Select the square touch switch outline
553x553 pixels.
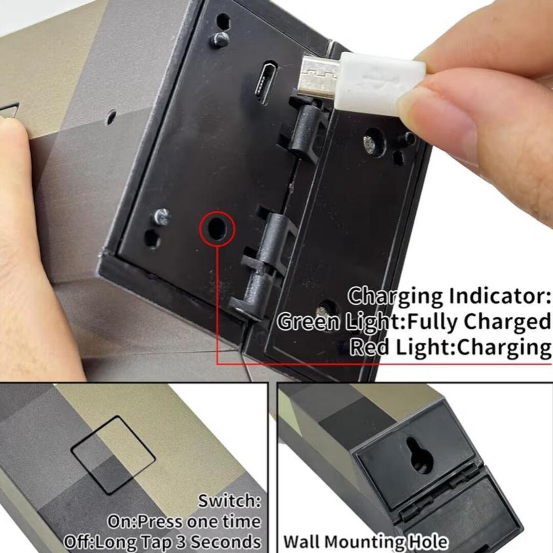click(x=113, y=455)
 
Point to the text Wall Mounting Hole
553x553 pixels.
click(x=366, y=542)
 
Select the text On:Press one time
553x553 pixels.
click(x=184, y=522)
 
